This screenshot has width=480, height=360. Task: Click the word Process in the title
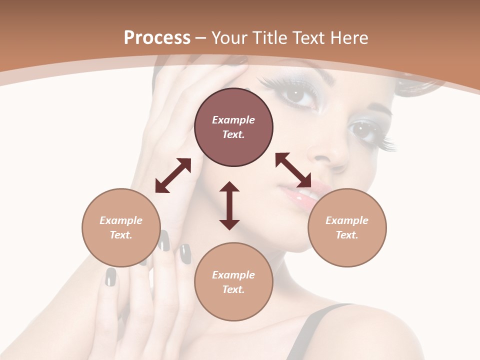[157, 38]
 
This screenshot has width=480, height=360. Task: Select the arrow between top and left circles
[173, 175]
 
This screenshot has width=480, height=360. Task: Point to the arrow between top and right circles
[293, 170]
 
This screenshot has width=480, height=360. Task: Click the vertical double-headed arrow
[229, 205]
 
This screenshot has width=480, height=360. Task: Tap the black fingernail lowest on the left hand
[110, 277]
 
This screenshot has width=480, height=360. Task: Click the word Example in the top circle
[233, 120]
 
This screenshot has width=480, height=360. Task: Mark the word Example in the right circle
[347, 220]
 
